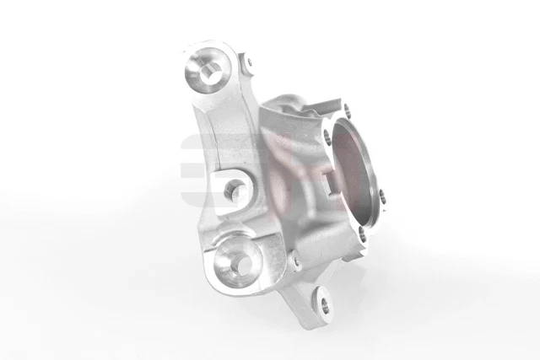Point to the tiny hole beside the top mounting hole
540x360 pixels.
pyautogui.click(x=247, y=60)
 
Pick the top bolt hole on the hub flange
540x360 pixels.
pyautogui.click(x=346, y=107)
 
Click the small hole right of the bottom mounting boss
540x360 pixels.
pyautogui.click(x=296, y=264)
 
